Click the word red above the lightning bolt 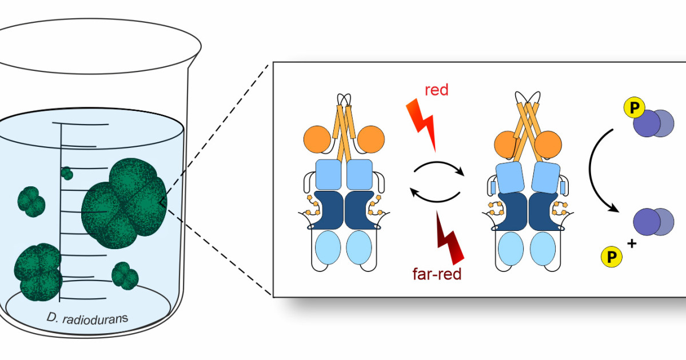[436, 90]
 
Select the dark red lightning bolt [449, 237]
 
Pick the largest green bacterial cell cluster [125, 199]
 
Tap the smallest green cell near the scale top [67, 173]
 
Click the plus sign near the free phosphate [632, 245]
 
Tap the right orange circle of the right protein [548, 144]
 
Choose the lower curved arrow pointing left [436, 197]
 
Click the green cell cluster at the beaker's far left [31, 202]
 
